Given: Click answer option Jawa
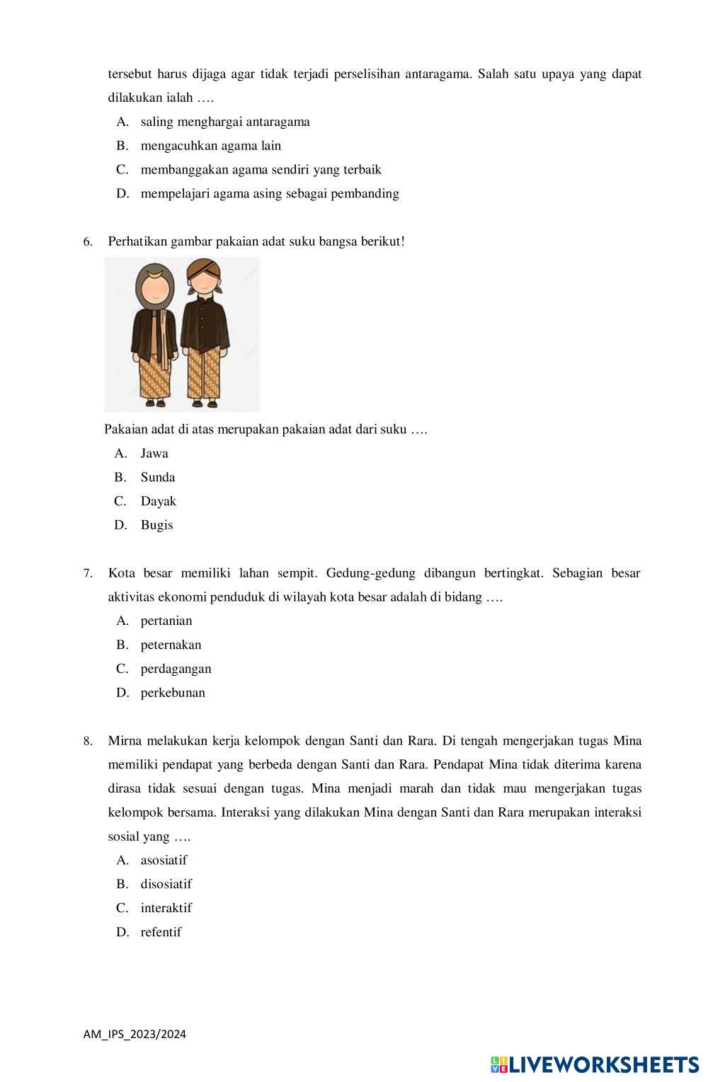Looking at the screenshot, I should [154, 454].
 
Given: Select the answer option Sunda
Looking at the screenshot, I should [157, 478].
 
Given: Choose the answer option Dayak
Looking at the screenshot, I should [158, 502].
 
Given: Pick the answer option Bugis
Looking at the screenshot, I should [156, 526].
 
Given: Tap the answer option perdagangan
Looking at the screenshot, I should [176, 669].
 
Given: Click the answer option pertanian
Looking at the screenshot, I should [166, 621].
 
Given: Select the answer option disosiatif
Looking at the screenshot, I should [166, 885].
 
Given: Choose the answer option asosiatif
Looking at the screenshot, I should [164, 861].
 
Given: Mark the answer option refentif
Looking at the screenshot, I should [161, 933].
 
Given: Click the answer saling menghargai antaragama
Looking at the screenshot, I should [225, 122].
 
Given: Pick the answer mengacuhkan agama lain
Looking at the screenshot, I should [211, 146].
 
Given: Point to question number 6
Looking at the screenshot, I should [88, 242].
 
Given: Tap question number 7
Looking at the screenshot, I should [88, 574].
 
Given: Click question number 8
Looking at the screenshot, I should [88, 742].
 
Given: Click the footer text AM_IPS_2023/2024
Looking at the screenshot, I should [135, 1035].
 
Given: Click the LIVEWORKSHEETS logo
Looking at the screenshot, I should [595, 1065].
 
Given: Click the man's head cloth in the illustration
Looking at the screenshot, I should [202, 268].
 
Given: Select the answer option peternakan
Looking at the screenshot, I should [171, 645].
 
